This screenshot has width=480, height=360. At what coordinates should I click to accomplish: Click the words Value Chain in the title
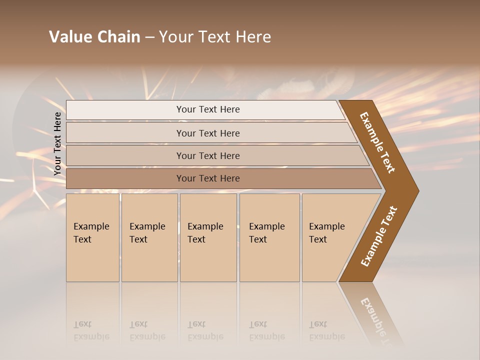tap(94, 37)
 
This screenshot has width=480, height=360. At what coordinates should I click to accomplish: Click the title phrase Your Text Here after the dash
tap(215, 37)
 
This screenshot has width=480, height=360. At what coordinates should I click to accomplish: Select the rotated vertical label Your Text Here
tap(57, 143)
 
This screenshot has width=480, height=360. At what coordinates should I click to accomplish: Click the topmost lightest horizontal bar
tap(207, 109)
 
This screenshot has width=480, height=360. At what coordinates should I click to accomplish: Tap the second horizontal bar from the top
tap(207, 133)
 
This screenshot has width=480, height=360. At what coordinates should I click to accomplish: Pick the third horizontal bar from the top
tap(207, 155)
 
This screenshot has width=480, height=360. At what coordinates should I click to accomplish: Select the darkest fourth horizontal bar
tap(207, 178)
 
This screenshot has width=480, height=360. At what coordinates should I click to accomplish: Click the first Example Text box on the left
tap(92, 237)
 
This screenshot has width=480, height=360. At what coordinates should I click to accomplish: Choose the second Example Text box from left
tap(149, 237)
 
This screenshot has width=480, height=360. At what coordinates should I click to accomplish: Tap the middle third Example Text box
tap(207, 237)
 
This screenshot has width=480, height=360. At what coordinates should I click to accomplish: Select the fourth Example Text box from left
tap(269, 237)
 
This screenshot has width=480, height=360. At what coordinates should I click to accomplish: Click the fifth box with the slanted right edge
tap(330, 237)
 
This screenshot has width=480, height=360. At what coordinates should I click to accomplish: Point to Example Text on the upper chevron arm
tap(377, 142)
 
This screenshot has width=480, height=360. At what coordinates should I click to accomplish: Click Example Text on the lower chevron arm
tap(378, 236)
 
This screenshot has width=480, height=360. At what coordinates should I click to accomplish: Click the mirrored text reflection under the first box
tap(91, 330)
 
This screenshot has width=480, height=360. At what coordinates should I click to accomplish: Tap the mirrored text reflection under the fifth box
tap(326, 330)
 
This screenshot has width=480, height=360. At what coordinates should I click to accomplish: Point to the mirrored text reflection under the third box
tap(205, 330)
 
